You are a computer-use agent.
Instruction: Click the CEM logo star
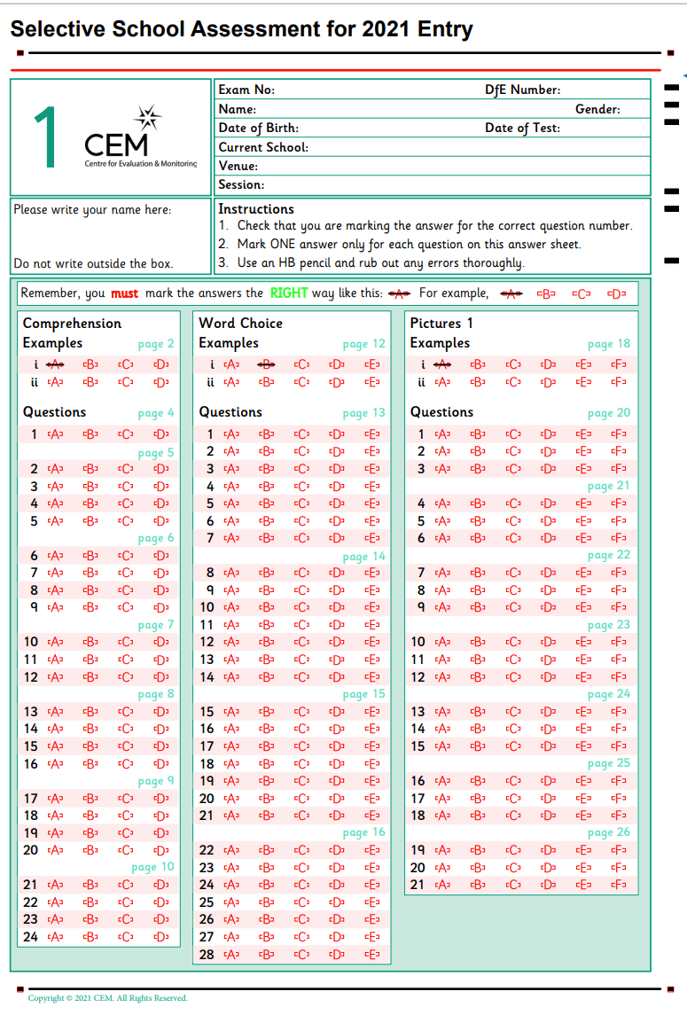[x=148, y=118]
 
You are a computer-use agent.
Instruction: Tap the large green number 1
[x=45, y=137]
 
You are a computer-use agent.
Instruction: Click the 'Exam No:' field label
[x=246, y=90]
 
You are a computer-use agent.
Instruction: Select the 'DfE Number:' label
[x=522, y=90]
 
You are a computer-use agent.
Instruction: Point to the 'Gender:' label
[x=597, y=109]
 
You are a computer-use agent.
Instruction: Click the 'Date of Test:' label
[x=522, y=128]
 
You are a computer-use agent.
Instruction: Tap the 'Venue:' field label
[x=238, y=166]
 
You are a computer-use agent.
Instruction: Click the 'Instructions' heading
[x=256, y=209]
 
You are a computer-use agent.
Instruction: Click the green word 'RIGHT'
[x=289, y=293]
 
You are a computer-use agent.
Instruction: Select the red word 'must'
[x=124, y=293]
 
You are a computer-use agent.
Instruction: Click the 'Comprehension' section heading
[x=72, y=324]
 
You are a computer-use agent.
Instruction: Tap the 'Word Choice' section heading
[x=240, y=324]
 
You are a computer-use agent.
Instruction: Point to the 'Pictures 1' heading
[x=441, y=324]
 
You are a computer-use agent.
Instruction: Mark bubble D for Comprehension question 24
[x=160, y=937]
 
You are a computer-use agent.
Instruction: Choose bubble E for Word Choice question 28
[x=372, y=955]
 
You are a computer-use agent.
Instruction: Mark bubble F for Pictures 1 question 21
[x=619, y=885]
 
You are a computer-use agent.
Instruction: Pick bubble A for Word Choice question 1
[x=231, y=434]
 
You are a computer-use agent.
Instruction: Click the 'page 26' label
[x=609, y=832]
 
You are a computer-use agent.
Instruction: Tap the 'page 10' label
[x=152, y=867]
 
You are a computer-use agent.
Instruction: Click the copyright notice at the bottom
[x=108, y=998]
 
